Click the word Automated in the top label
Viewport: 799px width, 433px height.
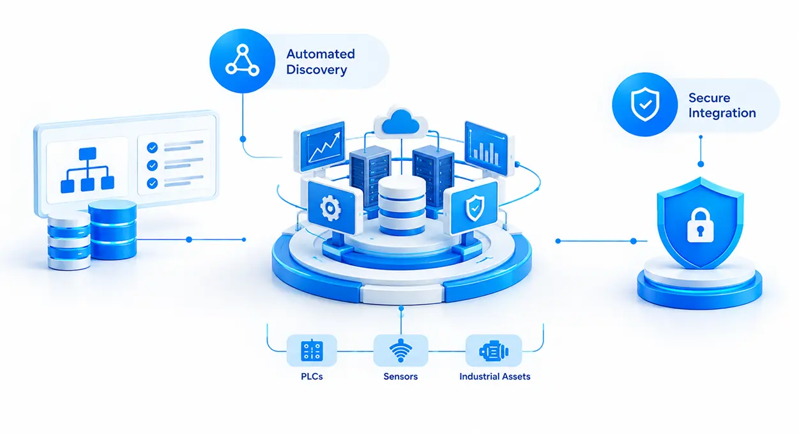(x=321, y=54)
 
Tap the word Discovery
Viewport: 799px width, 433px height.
(x=317, y=70)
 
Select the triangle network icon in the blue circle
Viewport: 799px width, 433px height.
(x=242, y=60)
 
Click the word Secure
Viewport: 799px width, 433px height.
(x=709, y=98)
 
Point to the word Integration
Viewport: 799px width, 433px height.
(x=722, y=113)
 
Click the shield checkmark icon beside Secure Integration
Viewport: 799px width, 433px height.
(x=645, y=105)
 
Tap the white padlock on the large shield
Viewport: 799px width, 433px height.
(x=700, y=225)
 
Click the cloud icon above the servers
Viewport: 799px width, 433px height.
(x=400, y=123)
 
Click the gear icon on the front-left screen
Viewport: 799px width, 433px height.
(x=331, y=208)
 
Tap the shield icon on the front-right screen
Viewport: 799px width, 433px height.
(x=475, y=208)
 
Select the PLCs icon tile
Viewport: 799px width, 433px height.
(x=312, y=351)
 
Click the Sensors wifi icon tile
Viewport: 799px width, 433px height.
(x=400, y=351)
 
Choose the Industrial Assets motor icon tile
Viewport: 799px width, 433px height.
(x=494, y=351)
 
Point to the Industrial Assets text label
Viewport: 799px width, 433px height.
(x=495, y=377)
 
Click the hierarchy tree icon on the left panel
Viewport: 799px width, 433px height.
(x=88, y=170)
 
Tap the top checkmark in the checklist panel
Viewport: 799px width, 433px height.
(x=152, y=148)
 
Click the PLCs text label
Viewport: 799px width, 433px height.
(x=312, y=377)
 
